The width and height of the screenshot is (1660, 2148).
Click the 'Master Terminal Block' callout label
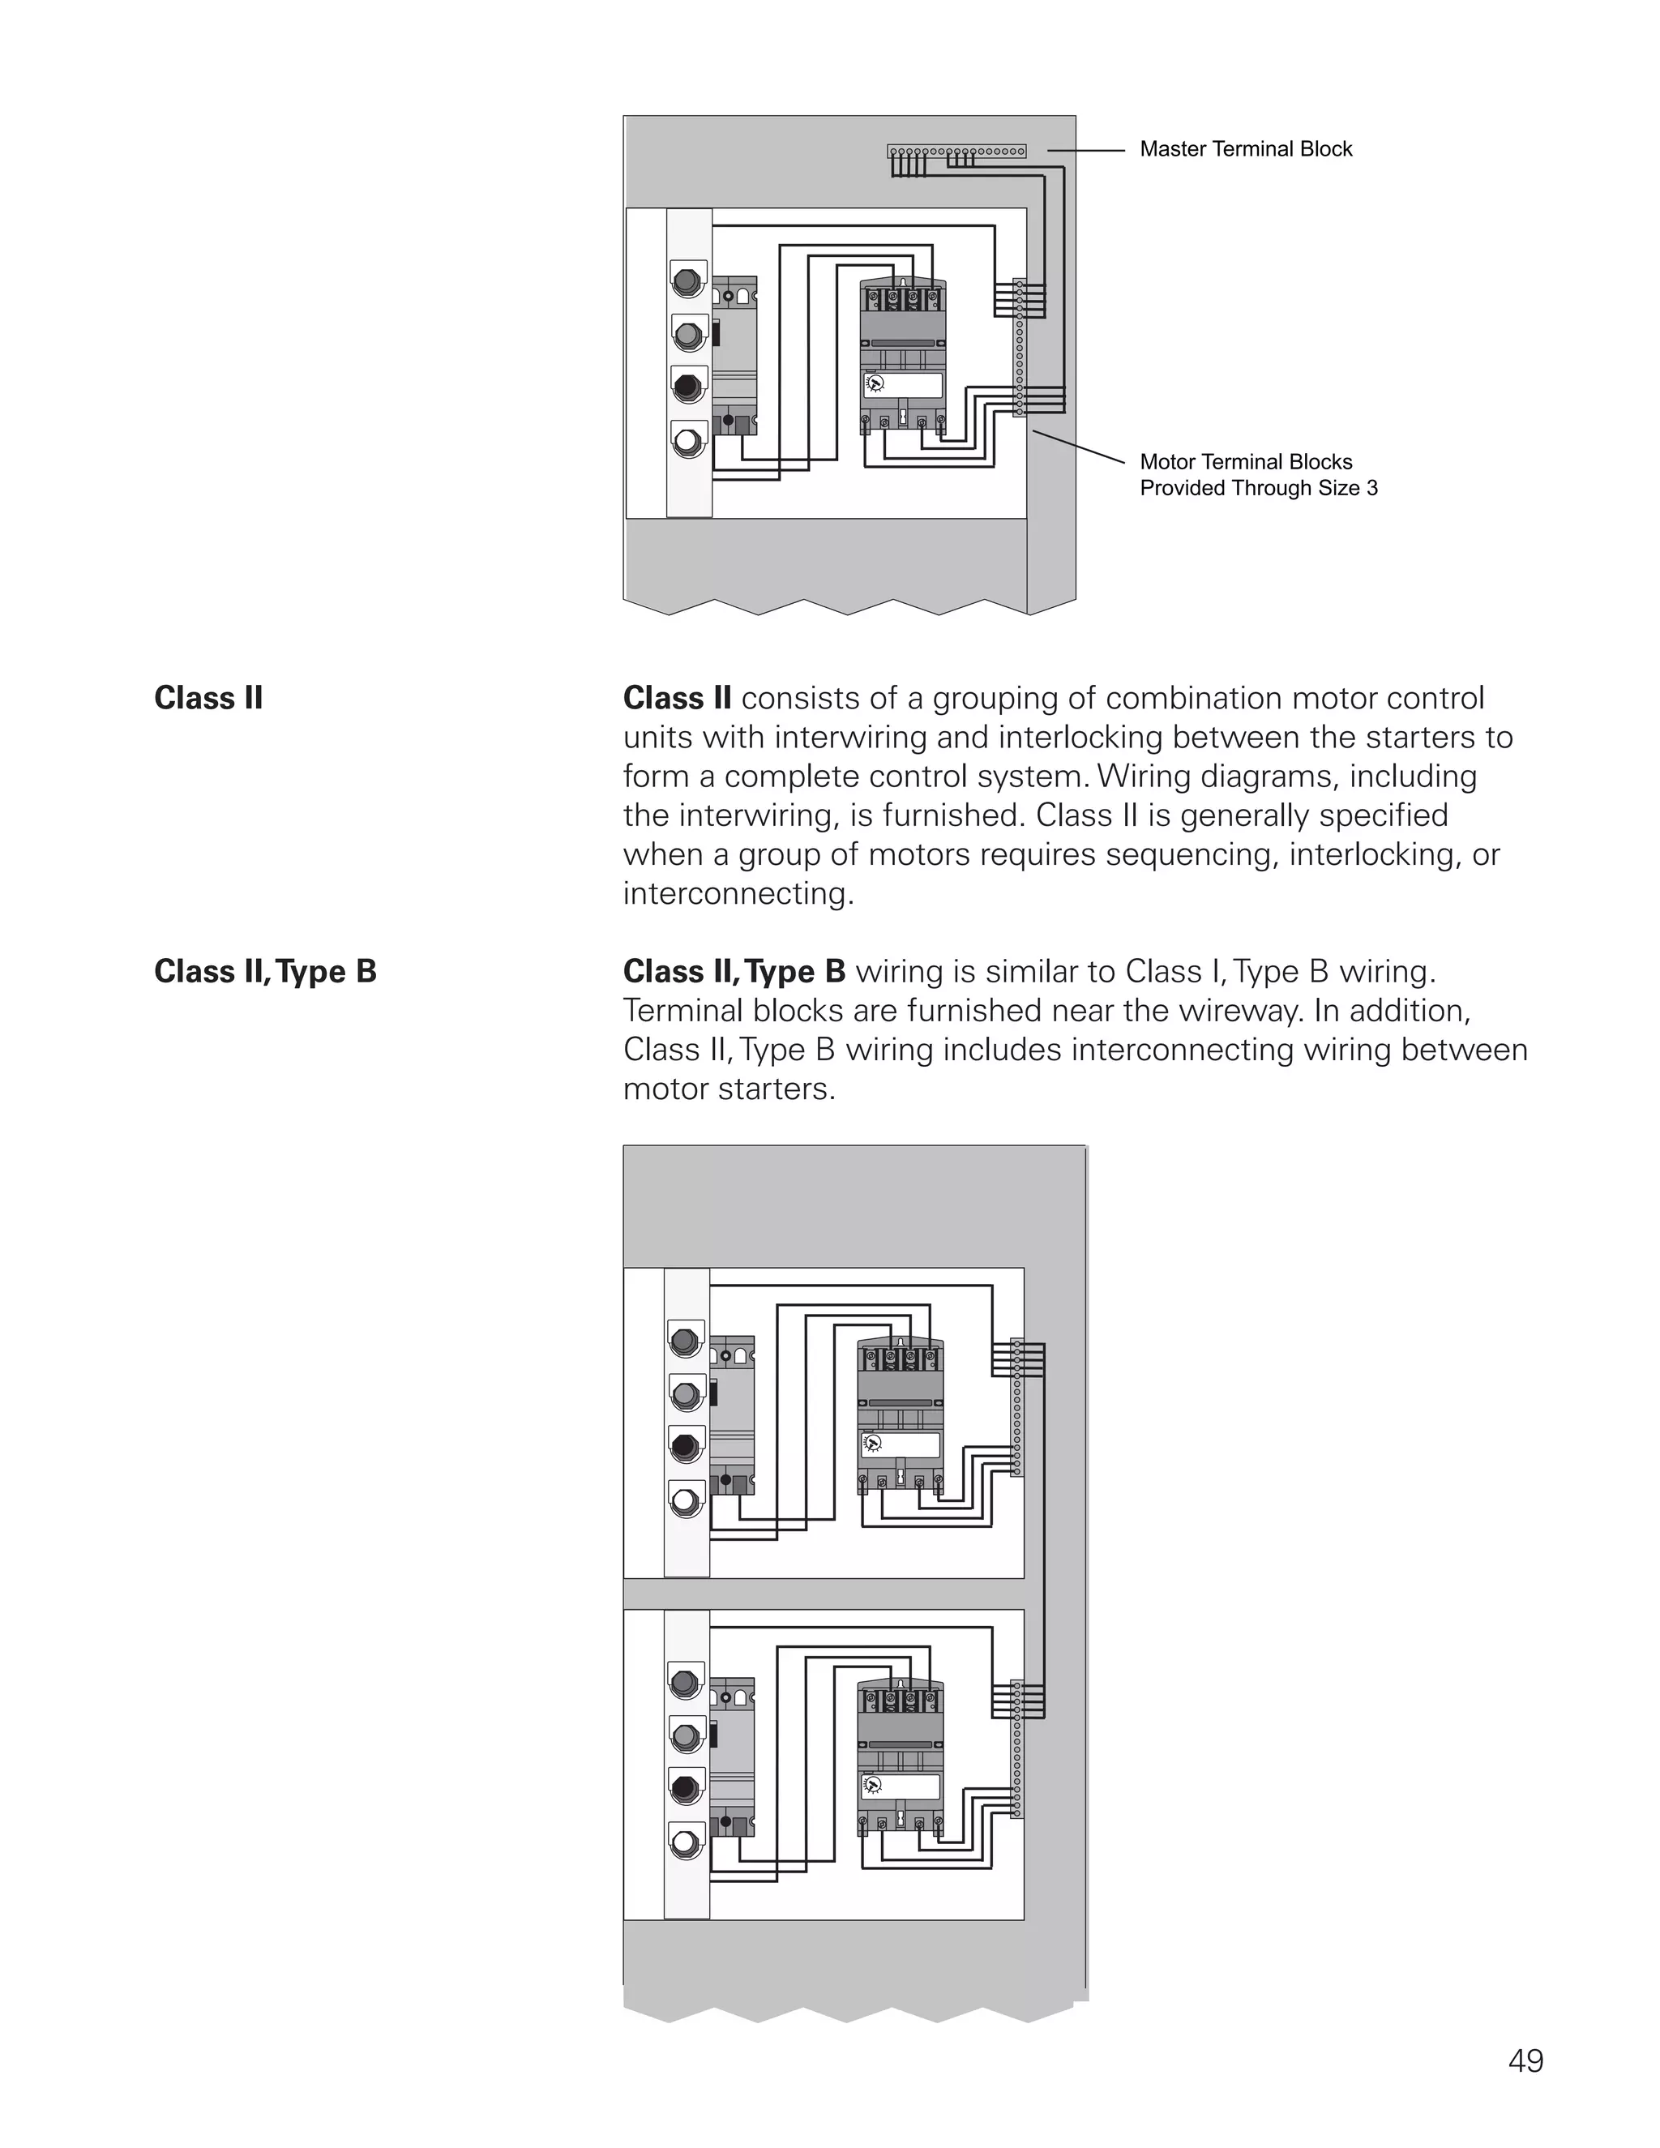1245,149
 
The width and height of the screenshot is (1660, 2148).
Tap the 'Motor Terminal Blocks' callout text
1245,462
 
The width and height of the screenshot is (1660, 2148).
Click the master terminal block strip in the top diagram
956,152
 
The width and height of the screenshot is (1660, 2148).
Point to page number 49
1525,2060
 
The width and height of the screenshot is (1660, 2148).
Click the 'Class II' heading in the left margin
208,698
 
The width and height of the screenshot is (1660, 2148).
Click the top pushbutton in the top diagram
687,281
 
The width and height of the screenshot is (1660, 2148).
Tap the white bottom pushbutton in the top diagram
687,441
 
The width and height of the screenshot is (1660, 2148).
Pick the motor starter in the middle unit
900,1416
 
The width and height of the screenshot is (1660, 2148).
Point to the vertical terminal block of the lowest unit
1017,1751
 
